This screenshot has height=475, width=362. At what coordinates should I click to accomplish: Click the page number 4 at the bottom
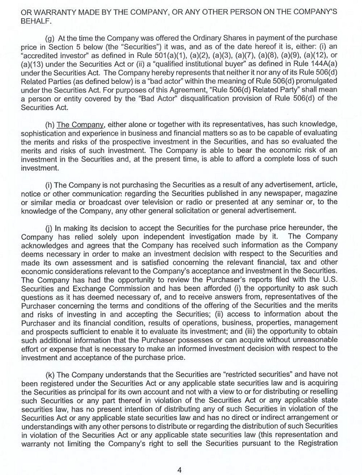point(179,470)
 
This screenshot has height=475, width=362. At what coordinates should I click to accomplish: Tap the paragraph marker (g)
point(50,38)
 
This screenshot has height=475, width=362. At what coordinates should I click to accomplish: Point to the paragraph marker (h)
point(50,125)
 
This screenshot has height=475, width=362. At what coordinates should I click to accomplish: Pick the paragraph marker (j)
point(49,228)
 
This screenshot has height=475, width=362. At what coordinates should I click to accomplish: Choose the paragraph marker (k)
point(50,375)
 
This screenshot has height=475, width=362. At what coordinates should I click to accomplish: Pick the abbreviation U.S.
point(330,279)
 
